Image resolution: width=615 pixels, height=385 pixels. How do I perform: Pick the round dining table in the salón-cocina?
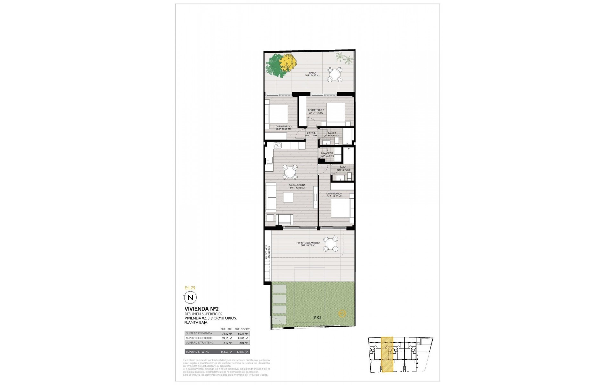pyautogui.click(x=291, y=172)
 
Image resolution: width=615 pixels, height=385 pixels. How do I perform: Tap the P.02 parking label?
pyautogui.click(x=317, y=318)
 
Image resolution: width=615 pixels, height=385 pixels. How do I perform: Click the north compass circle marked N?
pyautogui.click(x=190, y=297)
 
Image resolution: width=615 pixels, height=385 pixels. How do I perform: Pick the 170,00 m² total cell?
pyautogui.click(x=242, y=352)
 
